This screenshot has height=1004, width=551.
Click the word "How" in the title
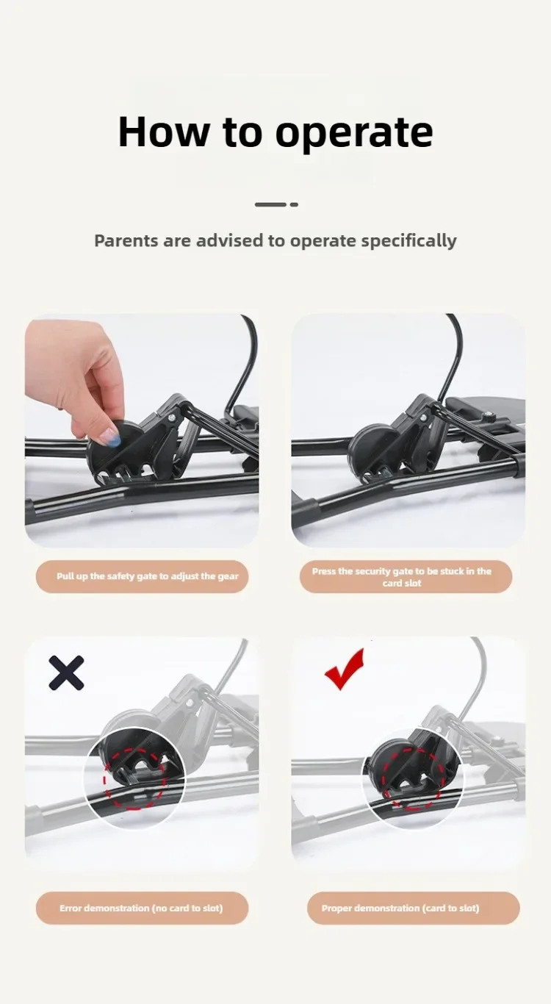point(164,132)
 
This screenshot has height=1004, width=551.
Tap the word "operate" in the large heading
point(354,134)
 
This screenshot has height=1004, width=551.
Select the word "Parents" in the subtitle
point(126,240)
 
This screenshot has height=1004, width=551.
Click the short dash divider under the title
point(276,204)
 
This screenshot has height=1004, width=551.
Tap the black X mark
point(66,673)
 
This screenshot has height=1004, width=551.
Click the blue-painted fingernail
point(110,435)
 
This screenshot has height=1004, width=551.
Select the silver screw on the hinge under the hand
point(173,417)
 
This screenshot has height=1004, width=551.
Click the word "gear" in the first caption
point(228,577)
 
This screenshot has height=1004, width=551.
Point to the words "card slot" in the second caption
point(402,583)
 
